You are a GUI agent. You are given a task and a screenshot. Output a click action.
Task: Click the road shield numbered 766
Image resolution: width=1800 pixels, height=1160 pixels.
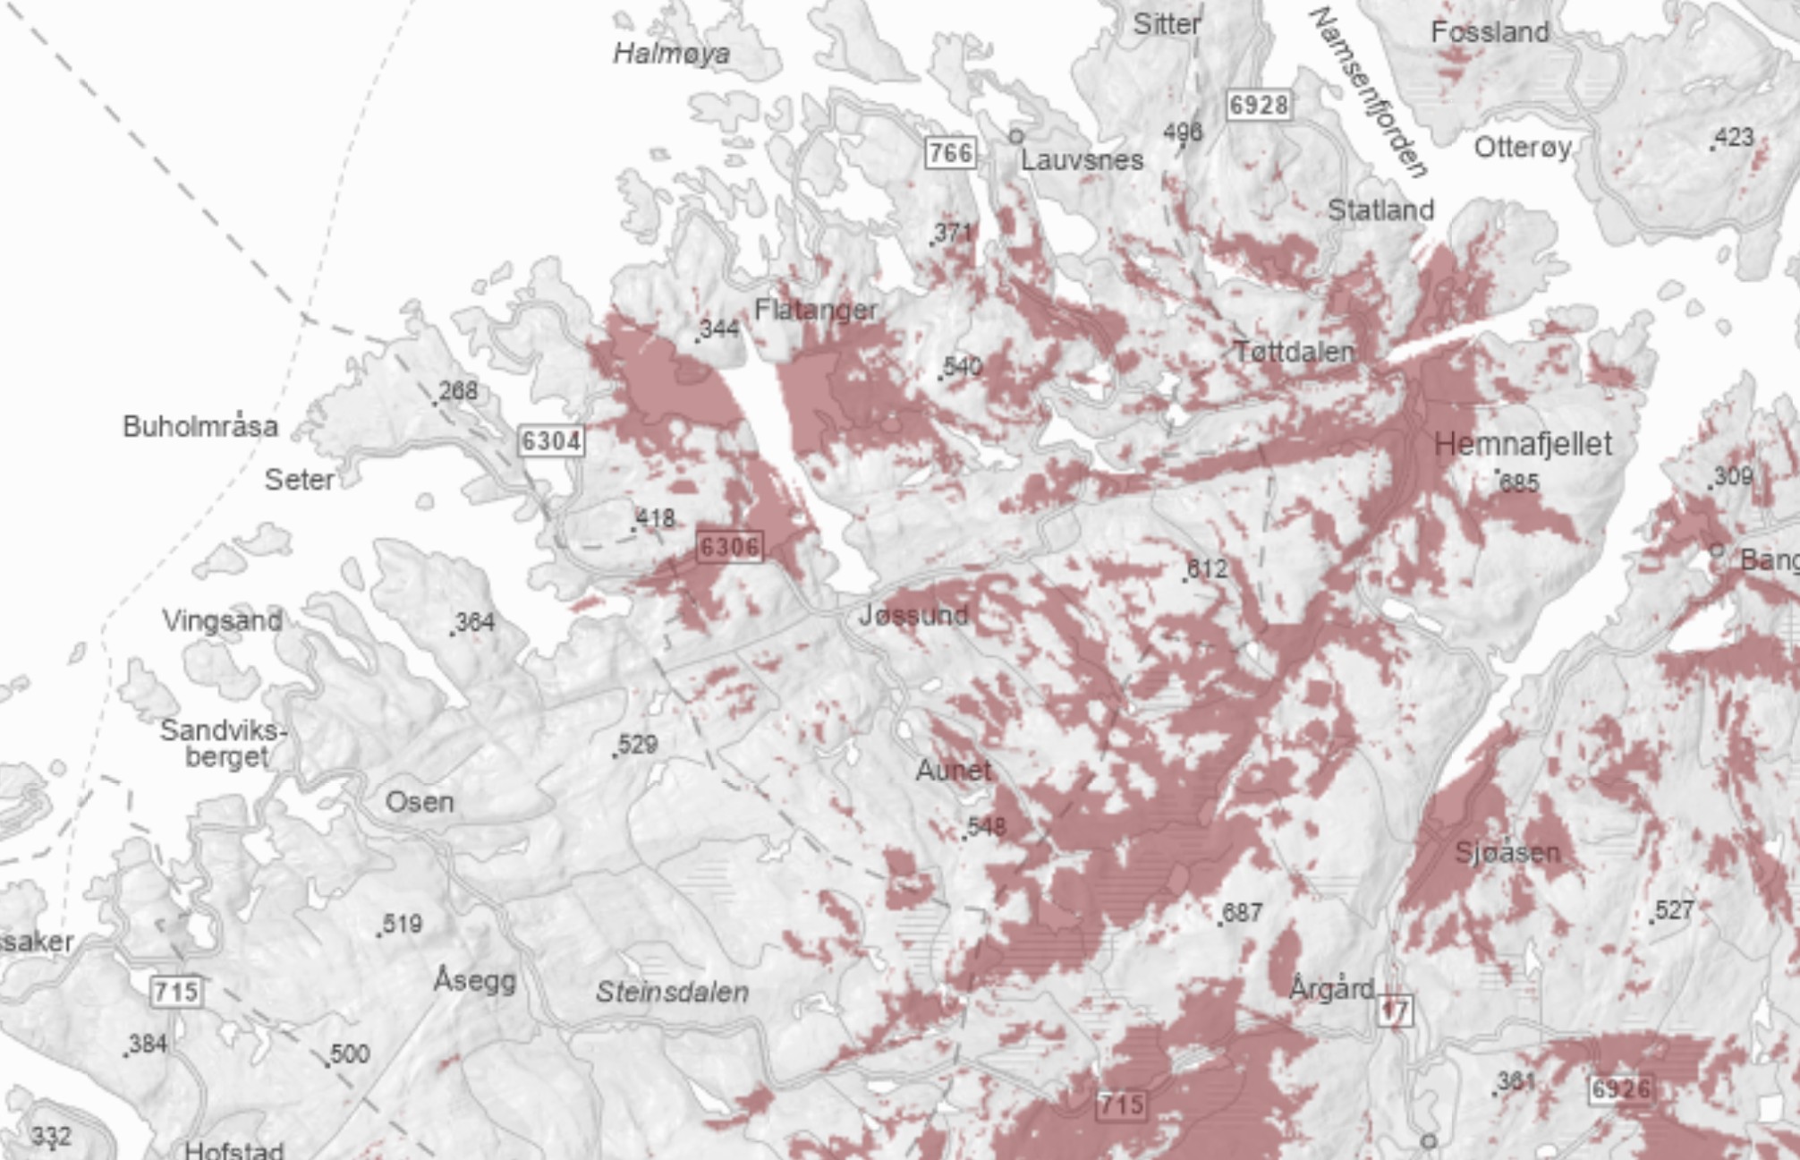tap(949, 153)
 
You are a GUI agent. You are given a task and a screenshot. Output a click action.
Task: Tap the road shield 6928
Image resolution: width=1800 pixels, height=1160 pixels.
tap(1258, 106)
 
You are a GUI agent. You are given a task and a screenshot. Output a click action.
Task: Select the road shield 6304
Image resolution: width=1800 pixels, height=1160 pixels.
tap(551, 441)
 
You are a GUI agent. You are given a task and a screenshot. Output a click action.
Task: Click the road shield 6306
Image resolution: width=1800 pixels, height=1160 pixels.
tap(730, 547)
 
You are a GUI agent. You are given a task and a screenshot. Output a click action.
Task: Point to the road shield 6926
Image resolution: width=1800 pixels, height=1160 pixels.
tap(1621, 1089)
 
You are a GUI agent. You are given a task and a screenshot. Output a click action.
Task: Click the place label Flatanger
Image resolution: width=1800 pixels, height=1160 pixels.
tap(816, 311)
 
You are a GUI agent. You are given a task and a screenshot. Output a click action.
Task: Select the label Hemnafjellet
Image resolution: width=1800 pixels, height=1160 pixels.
tap(1523, 444)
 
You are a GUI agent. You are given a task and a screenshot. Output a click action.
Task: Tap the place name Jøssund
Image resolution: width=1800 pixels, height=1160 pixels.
tap(913, 615)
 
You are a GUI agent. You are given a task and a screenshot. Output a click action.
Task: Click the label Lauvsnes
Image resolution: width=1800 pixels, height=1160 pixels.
tap(1082, 161)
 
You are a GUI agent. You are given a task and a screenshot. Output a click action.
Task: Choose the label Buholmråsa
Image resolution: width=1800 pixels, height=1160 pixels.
tap(200, 426)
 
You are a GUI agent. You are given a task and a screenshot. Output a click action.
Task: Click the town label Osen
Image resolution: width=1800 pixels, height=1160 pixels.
tap(420, 802)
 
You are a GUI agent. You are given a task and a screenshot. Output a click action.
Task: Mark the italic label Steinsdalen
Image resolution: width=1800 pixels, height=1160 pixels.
tap(672, 992)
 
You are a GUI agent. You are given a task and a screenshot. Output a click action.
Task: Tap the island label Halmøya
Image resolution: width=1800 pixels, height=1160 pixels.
tap(671, 55)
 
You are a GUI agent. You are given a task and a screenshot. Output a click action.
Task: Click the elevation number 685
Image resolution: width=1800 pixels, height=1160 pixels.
tap(1519, 483)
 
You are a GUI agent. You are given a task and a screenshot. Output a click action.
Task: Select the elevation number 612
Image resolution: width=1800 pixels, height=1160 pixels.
tap(1207, 569)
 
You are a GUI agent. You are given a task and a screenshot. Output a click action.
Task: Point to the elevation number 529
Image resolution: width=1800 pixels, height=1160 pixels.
tap(638, 745)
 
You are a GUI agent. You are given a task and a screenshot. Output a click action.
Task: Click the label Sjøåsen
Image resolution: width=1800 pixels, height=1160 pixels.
tap(1507, 852)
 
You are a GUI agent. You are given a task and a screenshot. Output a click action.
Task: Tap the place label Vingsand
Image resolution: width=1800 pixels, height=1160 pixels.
tap(223, 620)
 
